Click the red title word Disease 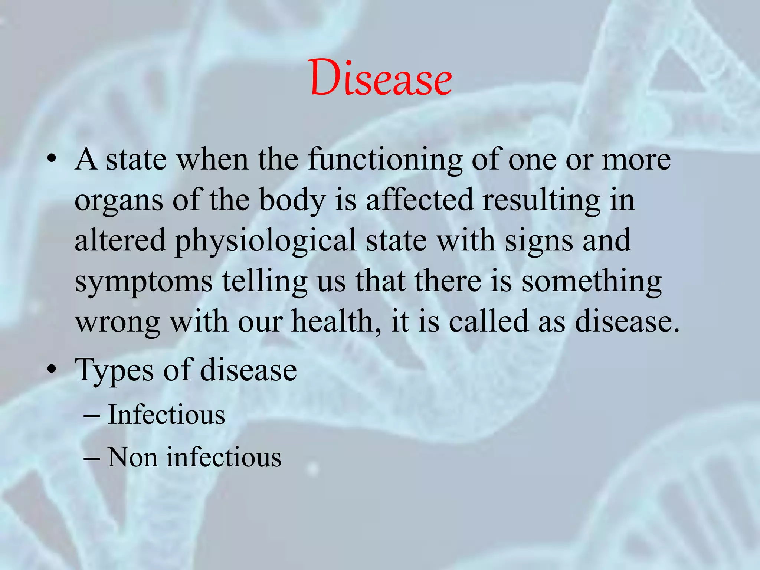point(381,78)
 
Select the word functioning point(385,160)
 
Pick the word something point(592,282)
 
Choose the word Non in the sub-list point(132,457)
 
